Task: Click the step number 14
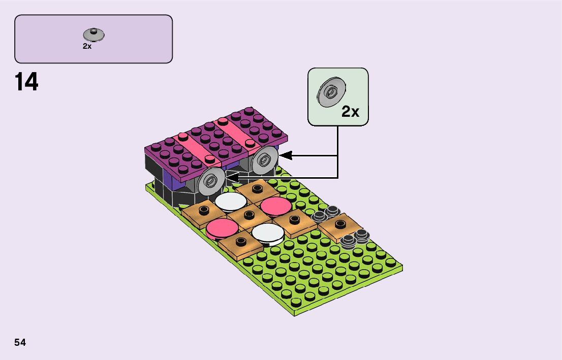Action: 26,82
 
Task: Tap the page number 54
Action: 20,342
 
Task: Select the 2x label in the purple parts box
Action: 87,46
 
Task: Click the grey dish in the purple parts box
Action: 93,35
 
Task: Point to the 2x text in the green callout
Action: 350,112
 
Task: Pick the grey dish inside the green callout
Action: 331,92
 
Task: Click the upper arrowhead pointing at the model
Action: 286,156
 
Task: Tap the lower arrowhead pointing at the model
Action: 232,177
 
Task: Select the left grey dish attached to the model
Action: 211,181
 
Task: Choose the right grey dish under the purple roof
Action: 265,160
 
